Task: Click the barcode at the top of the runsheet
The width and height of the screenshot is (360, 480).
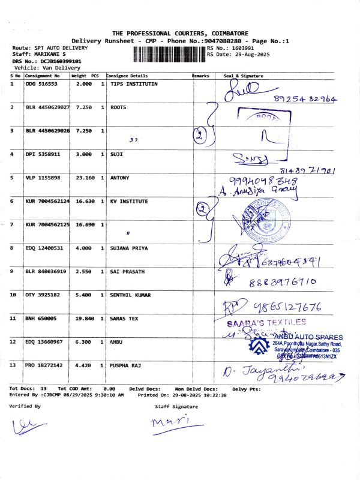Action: [x=169, y=55]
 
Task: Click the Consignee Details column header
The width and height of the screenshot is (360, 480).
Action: [x=127, y=76]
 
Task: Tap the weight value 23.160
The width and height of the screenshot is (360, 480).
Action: [x=80, y=178]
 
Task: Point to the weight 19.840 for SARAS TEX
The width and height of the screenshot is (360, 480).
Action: [x=80, y=319]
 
